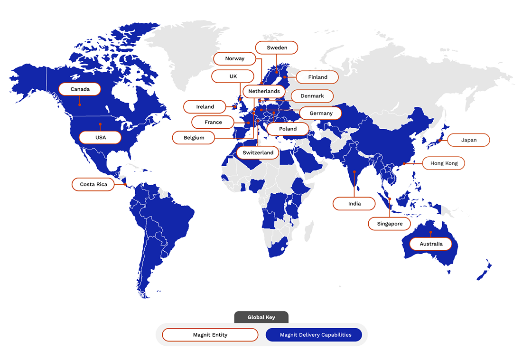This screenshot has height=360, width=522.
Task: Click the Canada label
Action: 80,89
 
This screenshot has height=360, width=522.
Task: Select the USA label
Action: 100,138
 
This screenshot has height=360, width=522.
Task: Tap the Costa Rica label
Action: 93,184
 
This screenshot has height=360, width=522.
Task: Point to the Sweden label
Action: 277,47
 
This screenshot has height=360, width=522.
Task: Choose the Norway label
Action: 235,58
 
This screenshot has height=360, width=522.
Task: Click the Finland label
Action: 317,77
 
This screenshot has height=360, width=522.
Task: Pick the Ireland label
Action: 205,107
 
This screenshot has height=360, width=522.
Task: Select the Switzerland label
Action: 258,152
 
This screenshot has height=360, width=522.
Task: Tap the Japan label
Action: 469,140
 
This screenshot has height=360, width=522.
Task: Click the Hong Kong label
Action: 444,163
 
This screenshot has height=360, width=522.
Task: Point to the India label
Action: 354,204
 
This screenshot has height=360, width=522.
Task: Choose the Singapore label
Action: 390,224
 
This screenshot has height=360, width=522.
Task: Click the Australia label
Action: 431,244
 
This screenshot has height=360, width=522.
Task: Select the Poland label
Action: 288,129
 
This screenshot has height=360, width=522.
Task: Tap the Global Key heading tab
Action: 261,317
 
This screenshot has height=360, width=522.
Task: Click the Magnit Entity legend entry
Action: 210,335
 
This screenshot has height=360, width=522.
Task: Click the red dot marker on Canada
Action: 80,104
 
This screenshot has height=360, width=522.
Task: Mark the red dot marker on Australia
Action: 431,232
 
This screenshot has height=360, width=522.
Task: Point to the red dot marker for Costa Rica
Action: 125,184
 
